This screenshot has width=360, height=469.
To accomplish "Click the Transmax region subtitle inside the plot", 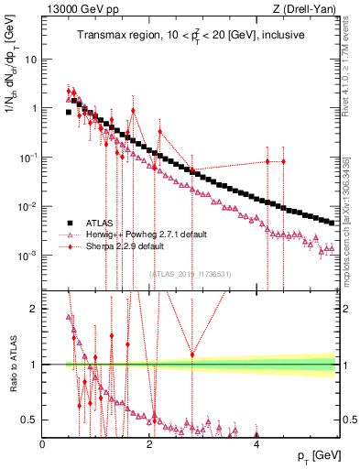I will coord(191,35).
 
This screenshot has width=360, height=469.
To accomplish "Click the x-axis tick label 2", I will coord(149,443).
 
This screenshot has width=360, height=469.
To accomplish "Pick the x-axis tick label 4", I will coord(256,443).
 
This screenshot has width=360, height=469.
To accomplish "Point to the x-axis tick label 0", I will coord(43,443).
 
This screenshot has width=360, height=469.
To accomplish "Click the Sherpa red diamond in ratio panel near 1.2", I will coord(191,354).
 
